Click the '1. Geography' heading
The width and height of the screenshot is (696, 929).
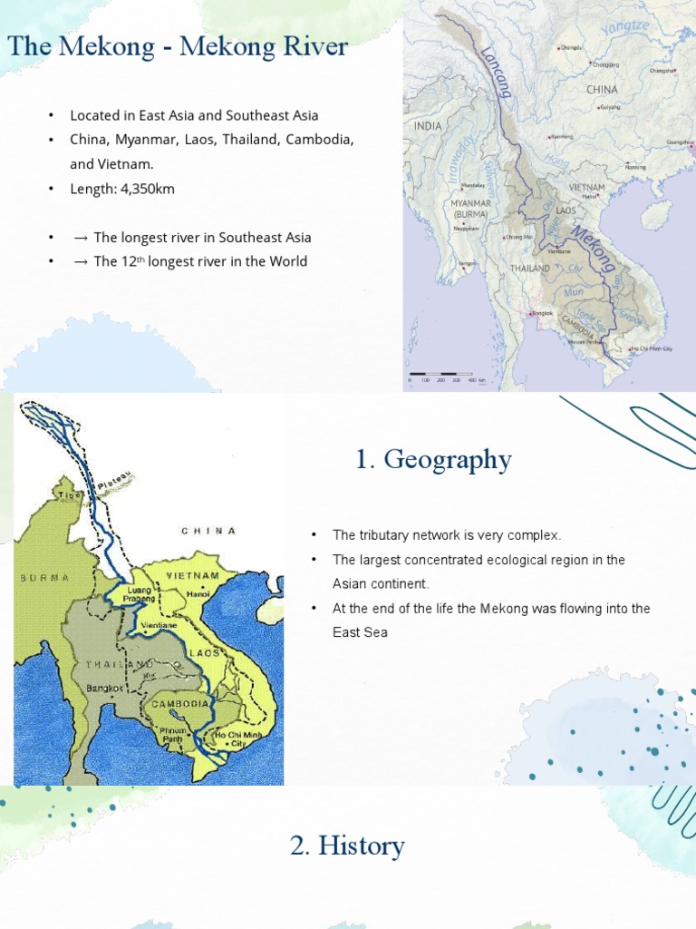coord(433,460)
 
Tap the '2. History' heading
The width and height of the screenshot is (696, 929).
coord(347,846)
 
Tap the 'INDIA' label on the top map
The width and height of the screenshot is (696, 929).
coord(428,126)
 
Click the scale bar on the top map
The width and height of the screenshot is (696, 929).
coord(449,374)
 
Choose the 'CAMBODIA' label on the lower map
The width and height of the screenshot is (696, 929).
coord(180,704)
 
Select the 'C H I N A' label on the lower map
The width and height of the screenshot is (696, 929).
coord(208,531)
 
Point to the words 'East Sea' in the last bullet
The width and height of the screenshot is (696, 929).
coord(360,632)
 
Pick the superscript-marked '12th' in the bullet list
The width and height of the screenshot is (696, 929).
coord(132,261)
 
